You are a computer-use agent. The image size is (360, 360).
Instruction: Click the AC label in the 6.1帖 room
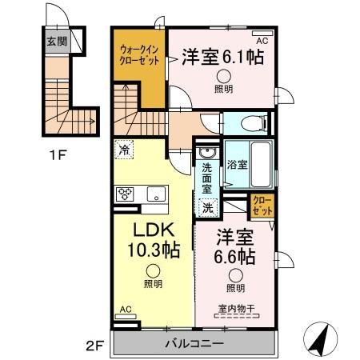click(x=261, y=38)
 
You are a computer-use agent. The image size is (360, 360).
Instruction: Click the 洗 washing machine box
click(x=206, y=207)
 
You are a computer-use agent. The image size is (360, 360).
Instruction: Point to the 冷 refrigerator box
click(x=124, y=148)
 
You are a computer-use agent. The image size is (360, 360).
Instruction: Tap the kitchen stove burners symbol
click(x=126, y=193)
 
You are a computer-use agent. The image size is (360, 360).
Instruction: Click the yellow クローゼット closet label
click(x=262, y=205)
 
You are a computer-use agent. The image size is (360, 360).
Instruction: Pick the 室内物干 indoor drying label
click(x=234, y=310)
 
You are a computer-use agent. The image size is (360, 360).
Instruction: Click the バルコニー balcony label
click(x=194, y=343)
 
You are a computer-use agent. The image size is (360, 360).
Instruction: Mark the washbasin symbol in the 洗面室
click(x=206, y=153)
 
